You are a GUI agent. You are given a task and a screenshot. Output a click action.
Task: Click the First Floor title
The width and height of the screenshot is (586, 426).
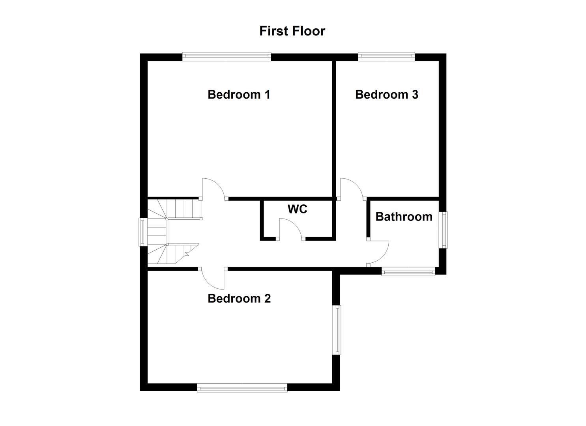click(292, 31)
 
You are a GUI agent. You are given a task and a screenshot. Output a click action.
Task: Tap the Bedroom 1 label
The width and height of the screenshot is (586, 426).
click(239, 95)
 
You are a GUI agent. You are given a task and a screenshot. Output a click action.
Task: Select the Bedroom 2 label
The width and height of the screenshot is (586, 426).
click(239, 299)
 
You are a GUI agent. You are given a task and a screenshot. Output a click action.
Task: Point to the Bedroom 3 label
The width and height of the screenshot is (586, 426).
click(387, 95)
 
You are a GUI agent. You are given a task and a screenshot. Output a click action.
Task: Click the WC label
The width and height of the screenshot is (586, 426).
click(297, 209)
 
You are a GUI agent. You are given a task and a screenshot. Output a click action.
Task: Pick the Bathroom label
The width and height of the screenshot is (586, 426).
click(404, 217)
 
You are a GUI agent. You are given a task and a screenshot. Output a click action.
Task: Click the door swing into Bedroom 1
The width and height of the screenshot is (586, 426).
click(213, 189)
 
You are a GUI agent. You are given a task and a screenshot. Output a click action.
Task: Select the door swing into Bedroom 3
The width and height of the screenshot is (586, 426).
click(351, 188)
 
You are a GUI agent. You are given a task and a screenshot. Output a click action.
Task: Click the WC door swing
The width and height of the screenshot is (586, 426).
click(290, 229)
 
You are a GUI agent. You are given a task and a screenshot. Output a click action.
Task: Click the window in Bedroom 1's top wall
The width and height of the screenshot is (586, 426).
click(227, 57)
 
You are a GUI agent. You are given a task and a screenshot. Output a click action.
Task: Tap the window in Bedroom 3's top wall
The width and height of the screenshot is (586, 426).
click(386, 57)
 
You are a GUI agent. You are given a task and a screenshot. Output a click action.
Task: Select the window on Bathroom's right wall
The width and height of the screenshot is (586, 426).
click(445, 230)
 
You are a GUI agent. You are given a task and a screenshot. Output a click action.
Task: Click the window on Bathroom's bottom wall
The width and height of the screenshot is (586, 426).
click(408, 271)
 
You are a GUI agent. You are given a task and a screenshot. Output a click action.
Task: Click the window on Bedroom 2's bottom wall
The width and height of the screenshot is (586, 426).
click(242, 389)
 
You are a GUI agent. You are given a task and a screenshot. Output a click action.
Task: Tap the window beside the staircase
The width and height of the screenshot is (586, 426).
click(143, 232)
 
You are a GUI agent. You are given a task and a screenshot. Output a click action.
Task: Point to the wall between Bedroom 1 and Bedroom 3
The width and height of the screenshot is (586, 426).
click(334, 128)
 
